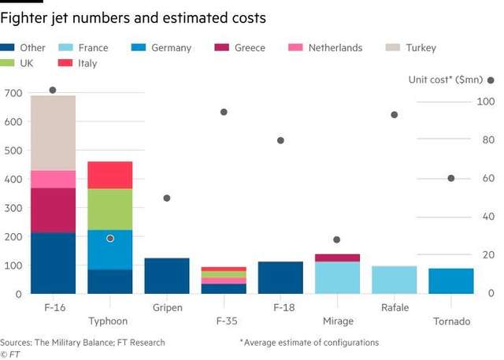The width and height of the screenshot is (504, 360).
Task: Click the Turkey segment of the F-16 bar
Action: click(53, 132)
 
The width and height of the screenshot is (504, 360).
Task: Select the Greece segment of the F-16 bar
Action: click(53, 210)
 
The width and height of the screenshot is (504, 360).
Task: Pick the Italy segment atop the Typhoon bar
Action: click(110, 174)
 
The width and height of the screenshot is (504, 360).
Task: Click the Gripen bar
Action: click(167, 276)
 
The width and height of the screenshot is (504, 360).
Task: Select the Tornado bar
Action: click(451, 280)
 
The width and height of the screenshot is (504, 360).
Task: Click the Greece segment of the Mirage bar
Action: click(337, 258)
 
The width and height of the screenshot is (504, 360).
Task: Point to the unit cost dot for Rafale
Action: click(394, 115)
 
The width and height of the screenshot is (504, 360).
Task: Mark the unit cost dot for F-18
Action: click(280, 140)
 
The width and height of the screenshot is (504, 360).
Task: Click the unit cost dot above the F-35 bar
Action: click(224, 112)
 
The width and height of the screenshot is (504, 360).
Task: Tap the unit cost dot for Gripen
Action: click(167, 198)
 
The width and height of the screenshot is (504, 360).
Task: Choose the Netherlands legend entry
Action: click(335, 48)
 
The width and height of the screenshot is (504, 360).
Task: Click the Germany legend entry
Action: click(171, 48)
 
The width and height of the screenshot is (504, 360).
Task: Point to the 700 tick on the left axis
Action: click(13, 94)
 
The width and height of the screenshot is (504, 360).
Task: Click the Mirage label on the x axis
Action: click(337, 321)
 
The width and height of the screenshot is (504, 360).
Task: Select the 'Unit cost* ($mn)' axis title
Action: click(445, 80)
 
